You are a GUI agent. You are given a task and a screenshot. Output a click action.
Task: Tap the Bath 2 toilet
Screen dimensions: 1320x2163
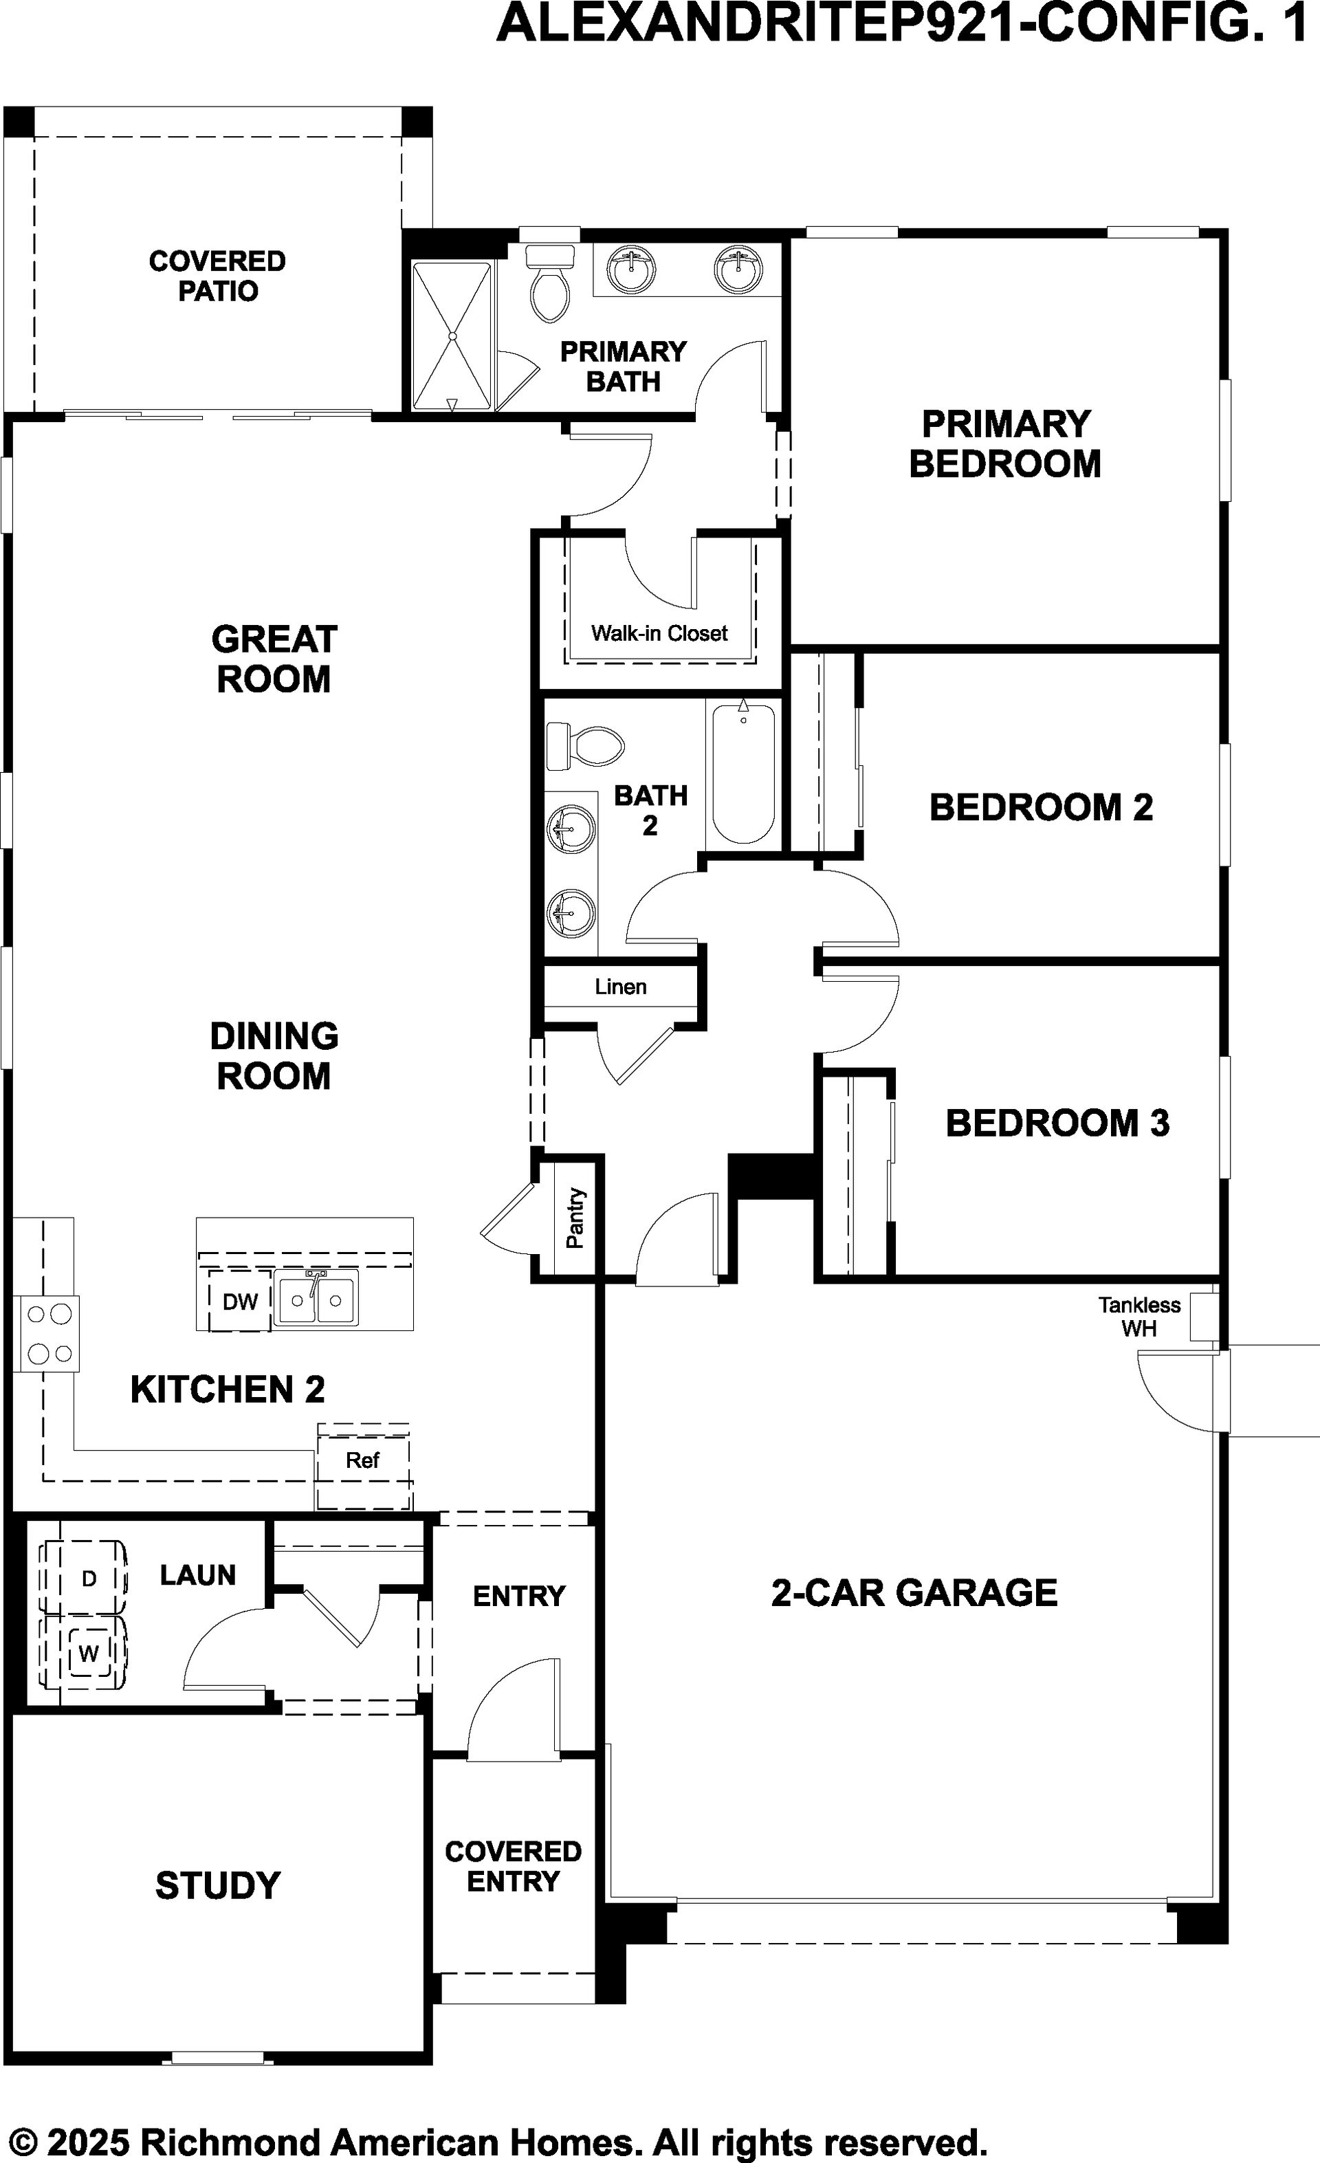click(584, 746)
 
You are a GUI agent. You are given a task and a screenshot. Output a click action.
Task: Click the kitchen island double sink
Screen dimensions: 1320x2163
click(316, 1299)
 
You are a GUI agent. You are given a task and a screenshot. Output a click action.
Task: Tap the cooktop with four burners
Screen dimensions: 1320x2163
click(47, 1333)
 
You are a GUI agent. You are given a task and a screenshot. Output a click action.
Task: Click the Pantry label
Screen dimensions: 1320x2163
click(575, 1218)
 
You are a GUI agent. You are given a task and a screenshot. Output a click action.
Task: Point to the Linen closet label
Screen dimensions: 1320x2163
click(621, 987)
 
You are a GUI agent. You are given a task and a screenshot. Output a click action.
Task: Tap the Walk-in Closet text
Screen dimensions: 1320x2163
click(659, 633)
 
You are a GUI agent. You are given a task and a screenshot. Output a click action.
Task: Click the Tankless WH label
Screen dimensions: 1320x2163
click(1139, 1317)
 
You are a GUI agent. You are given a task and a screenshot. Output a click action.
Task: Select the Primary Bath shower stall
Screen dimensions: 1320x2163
click(452, 336)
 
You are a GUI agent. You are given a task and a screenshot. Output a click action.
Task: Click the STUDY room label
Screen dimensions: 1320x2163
click(218, 1886)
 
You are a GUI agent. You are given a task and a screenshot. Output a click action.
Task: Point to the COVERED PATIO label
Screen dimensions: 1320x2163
click(218, 276)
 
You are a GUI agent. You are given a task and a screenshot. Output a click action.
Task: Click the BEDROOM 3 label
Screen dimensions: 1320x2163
click(1057, 1123)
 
